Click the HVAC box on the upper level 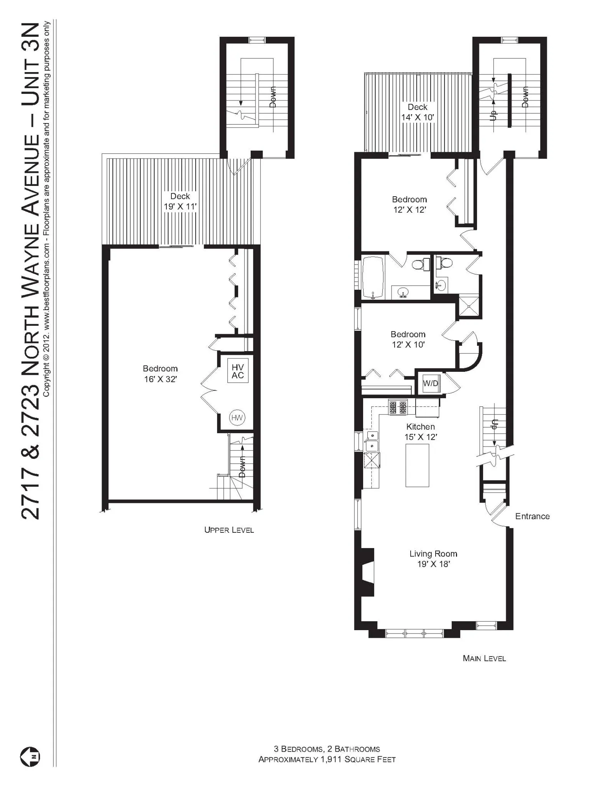click(x=237, y=371)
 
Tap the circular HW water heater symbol click(x=237, y=417)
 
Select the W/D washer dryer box click(x=430, y=383)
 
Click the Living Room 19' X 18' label click(x=433, y=558)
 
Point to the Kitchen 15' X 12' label click(x=421, y=432)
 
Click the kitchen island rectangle click(x=417, y=465)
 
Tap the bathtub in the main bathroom click(x=373, y=278)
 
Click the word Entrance click(x=532, y=516)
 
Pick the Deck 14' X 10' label click(x=417, y=112)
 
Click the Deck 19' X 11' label click(x=180, y=201)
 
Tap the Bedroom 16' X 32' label click(x=160, y=374)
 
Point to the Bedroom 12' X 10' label click(x=408, y=339)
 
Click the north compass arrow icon click(x=30, y=757)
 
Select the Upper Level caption click(x=229, y=530)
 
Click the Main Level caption click(x=484, y=659)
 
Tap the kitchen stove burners click(x=397, y=407)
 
